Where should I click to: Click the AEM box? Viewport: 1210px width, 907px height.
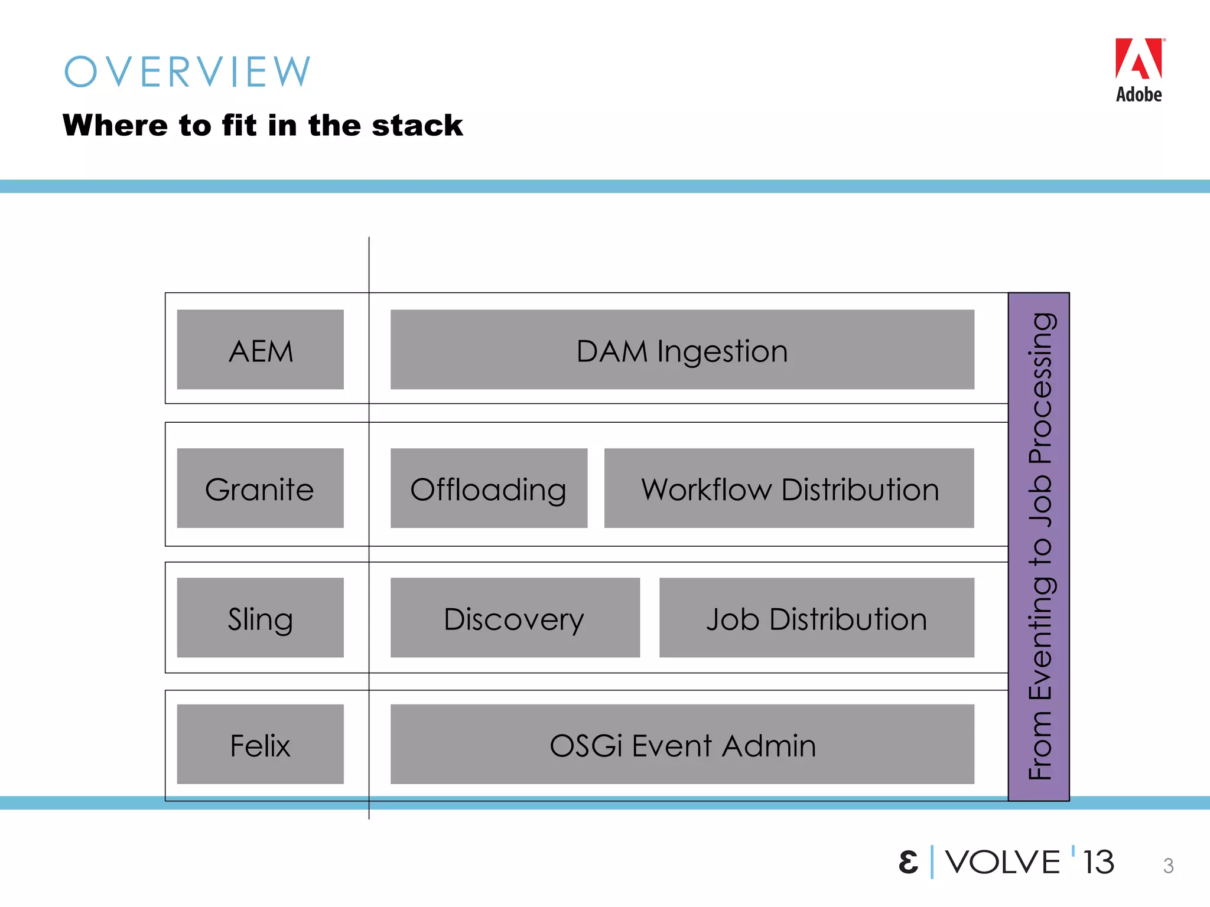click(x=260, y=350)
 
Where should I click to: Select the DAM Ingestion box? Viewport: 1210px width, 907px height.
click(x=682, y=350)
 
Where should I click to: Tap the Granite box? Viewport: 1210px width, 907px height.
click(x=260, y=488)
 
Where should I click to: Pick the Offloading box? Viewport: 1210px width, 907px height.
click(x=489, y=488)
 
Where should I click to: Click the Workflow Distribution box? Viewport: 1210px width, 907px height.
click(x=789, y=488)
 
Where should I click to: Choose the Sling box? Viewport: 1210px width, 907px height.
click(x=260, y=618)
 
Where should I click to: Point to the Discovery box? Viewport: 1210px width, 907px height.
click(x=515, y=618)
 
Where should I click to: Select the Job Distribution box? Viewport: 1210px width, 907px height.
click(x=817, y=618)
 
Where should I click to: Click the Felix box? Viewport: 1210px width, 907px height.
click(x=260, y=744)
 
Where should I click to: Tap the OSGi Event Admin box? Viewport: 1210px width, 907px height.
click(x=682, y=744)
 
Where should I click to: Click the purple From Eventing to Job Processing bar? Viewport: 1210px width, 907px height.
click(x=1039, y=546)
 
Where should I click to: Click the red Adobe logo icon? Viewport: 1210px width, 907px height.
click(x=1139, y=58)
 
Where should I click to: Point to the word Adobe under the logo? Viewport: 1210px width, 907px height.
click(x=1139, y=94)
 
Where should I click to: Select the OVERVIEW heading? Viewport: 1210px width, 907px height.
click(x=187, y=72)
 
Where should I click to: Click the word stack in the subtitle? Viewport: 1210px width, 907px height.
click(x=417, y=125)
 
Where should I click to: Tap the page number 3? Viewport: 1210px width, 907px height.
click(x=1168, y=866)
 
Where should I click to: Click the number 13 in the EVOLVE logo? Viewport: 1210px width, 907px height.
click(x=1098, y=862)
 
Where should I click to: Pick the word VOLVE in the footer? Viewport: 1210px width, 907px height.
click(x=1003, y=862)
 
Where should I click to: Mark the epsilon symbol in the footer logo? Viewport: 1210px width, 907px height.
click(x=908, y=862)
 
